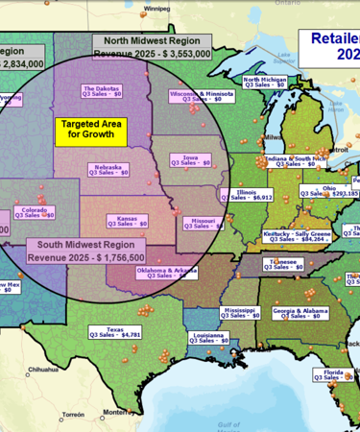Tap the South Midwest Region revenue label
86,252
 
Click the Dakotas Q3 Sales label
101,91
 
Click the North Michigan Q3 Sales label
264,83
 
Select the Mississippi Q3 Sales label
239,313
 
